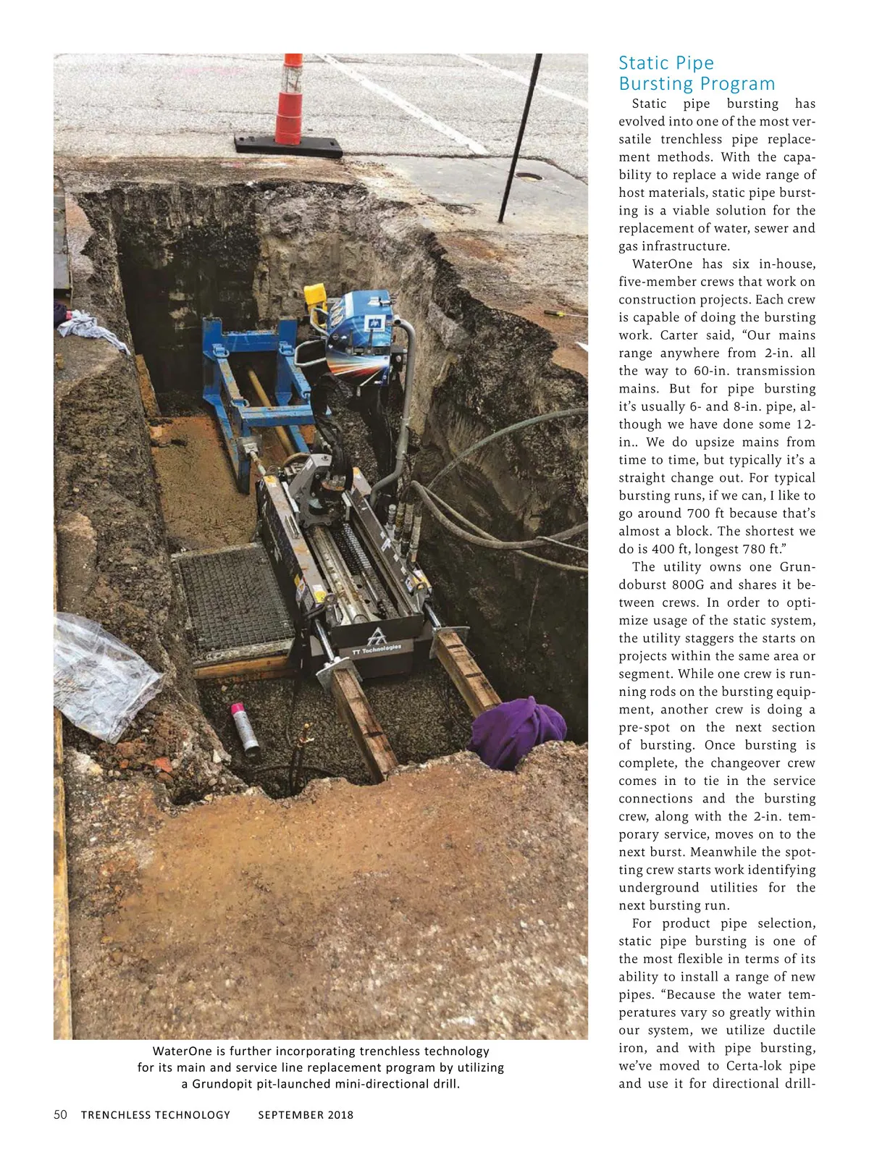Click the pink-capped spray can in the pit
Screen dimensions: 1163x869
coord(245,728)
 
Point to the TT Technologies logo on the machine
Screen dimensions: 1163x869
coord(377,642)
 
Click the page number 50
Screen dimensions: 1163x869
coord(61,1114)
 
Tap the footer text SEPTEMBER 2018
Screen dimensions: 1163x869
coord(306,1115)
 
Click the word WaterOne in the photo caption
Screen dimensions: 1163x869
coord(182,1051)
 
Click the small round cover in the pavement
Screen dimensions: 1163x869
coord(529,176)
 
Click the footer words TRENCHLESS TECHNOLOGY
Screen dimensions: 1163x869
coord(156,1115)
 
